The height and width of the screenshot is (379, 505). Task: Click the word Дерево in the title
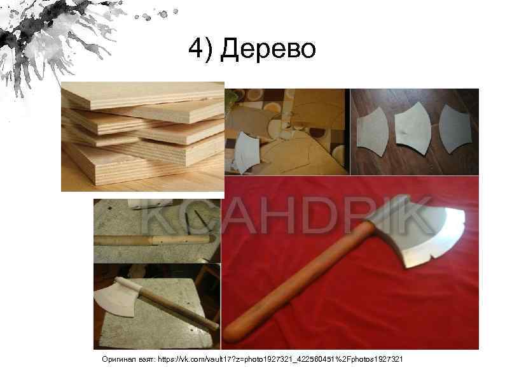268,48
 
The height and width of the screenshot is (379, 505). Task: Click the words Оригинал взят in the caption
127,360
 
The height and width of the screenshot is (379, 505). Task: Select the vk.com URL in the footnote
280,360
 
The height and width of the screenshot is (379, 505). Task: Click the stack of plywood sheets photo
143,136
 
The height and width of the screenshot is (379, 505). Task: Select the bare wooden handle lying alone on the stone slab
153,240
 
